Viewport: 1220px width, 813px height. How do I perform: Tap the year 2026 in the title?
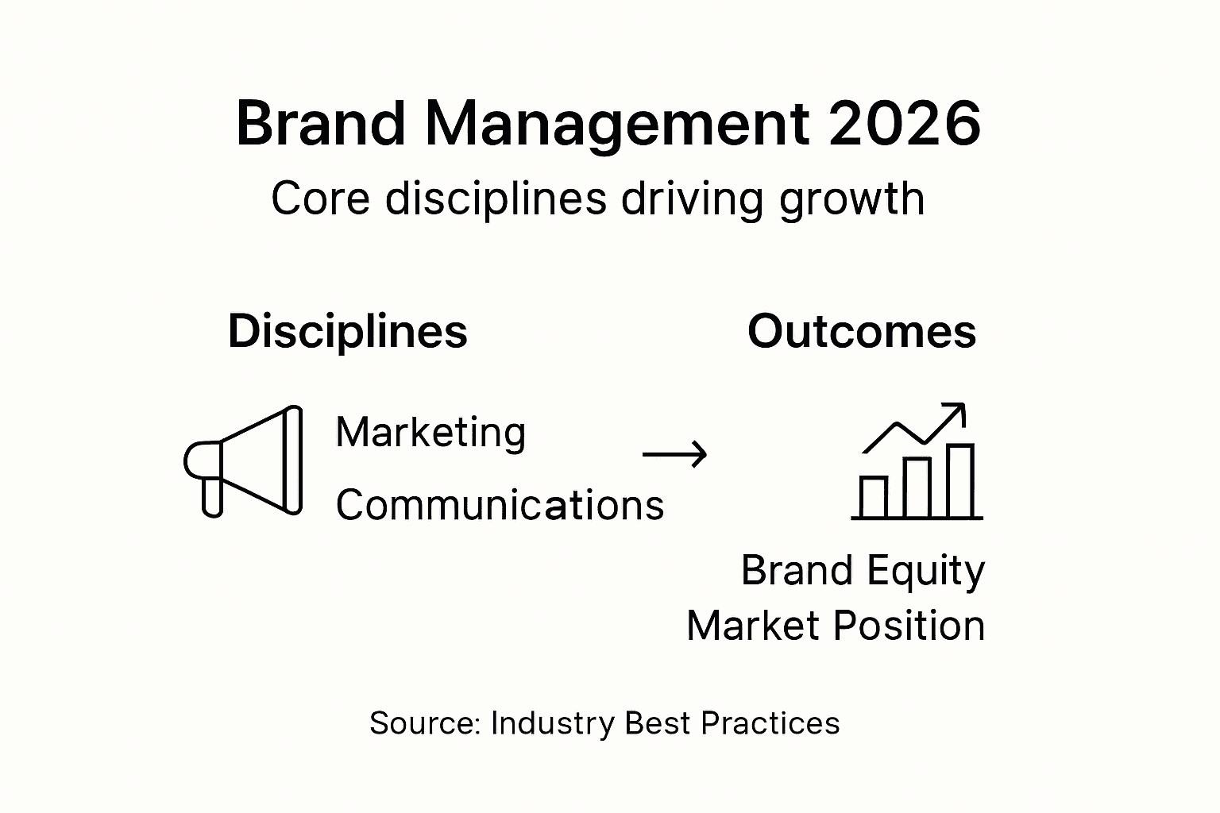tap(905, 125)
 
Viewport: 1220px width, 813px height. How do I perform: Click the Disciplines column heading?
tap(348, 331)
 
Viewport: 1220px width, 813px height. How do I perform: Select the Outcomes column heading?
tap(862, 331)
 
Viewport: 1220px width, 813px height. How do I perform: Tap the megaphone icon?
tap(246, 460)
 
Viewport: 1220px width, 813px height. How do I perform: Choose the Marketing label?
tap(430, 433)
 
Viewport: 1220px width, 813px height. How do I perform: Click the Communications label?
tap(500, 505)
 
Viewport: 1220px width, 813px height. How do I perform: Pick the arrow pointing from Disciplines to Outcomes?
tap(674, 454)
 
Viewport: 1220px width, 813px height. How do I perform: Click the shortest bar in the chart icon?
tap(874, 497)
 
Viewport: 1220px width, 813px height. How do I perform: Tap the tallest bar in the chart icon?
tap(961, 481)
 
